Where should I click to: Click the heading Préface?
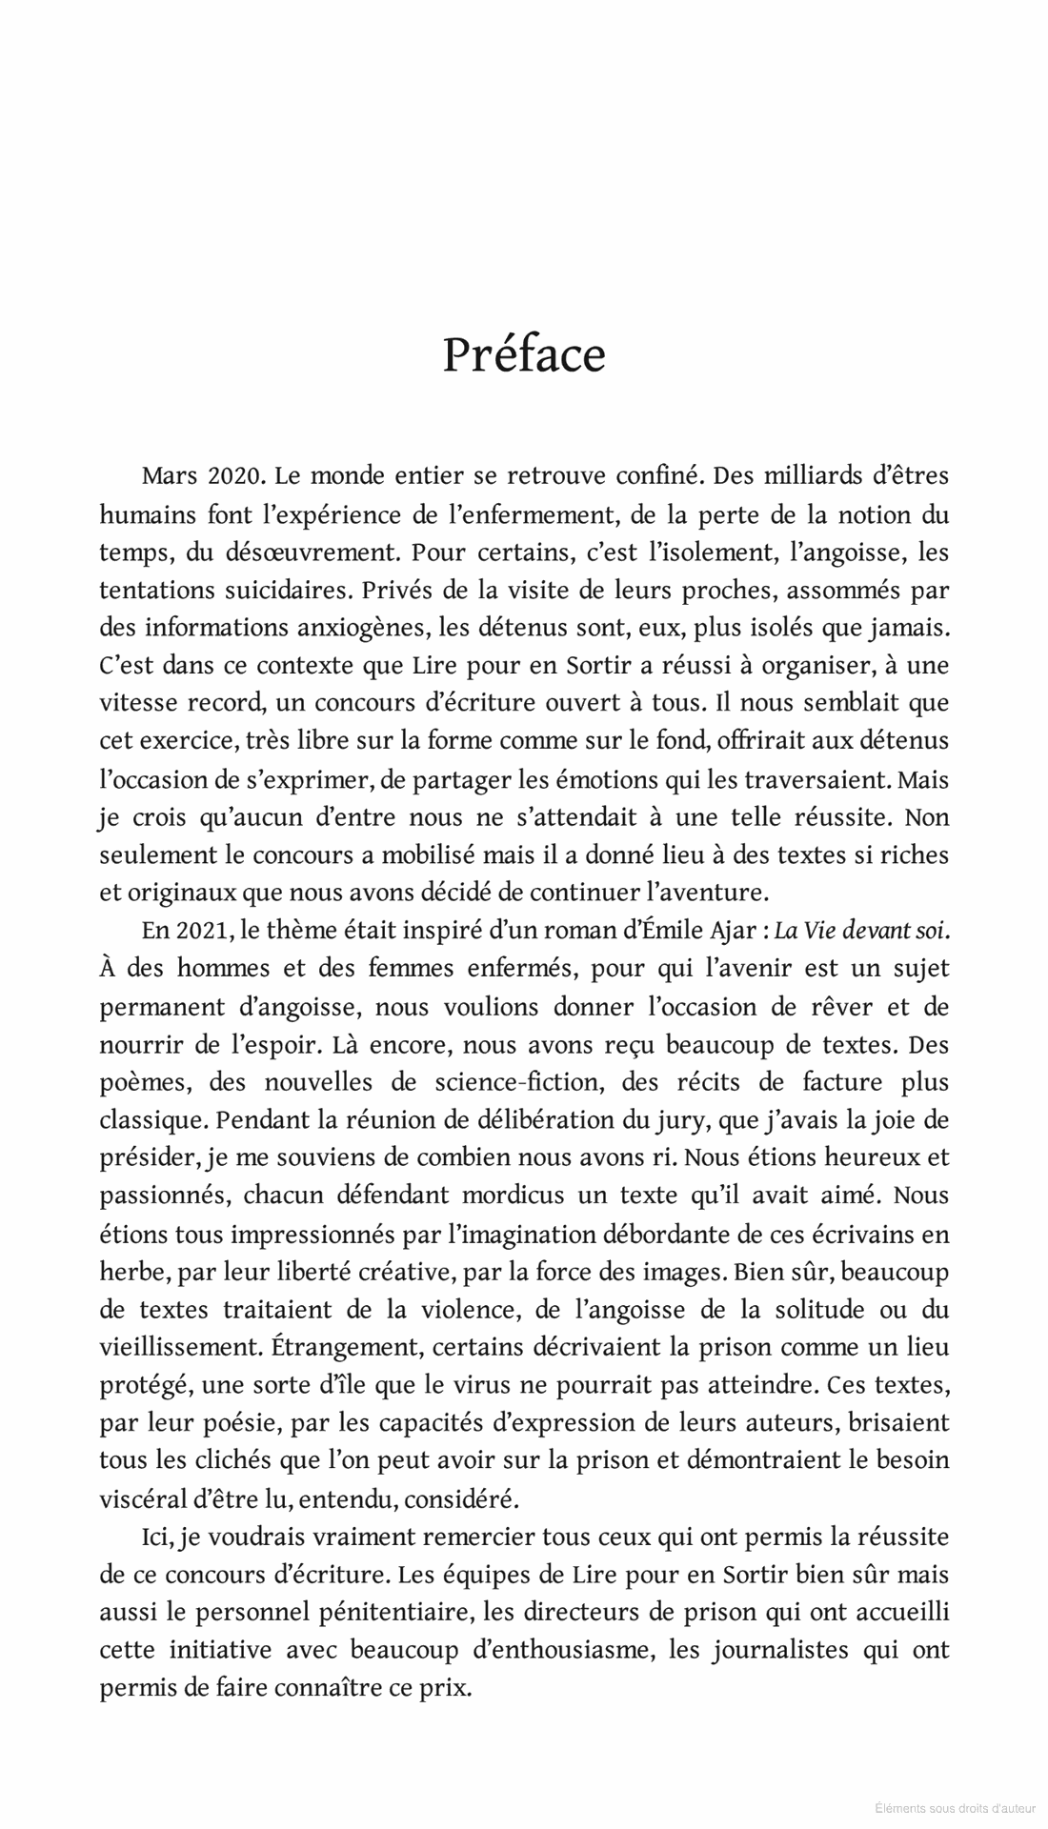click(x=524, y=355)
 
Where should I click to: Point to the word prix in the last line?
click(x=449, y=1688)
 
